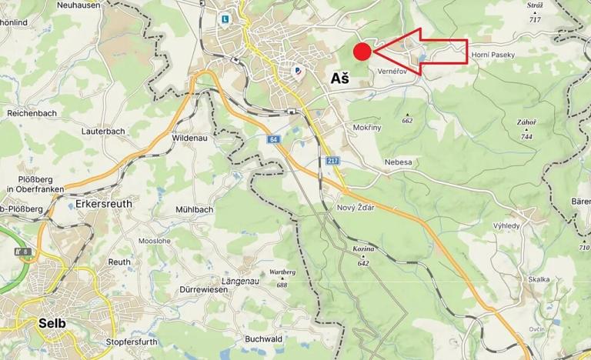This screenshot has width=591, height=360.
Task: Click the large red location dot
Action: pos(362,52)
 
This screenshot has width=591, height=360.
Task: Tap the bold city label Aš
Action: pos(339,78)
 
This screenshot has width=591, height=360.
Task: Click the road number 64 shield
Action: pos(273,139)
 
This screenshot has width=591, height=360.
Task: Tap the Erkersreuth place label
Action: pos(105,205)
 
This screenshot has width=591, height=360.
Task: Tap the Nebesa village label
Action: pos(398,162)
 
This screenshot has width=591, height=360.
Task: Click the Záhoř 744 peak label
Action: pos(526,128)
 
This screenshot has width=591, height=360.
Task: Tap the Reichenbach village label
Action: pos(32,113)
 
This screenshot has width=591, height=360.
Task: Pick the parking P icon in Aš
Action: pos(298,71)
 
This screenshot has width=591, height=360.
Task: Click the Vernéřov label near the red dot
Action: pos(392,71)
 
